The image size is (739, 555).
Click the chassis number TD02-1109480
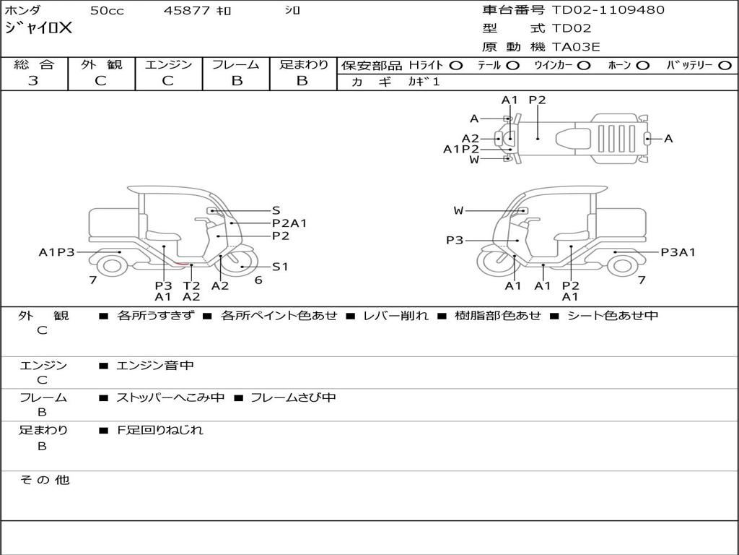coord(608,9)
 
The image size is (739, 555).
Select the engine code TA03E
coord(576,47)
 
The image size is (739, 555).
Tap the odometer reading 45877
coord(186,10)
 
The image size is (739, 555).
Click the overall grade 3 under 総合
coord(33,81)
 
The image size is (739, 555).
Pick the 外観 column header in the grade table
coord(101,64)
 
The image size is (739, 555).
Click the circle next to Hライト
coord(456,66)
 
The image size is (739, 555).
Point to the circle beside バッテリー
coord(725,66)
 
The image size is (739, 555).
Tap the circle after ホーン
coord(643,66)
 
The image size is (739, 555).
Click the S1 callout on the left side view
coord(280,267)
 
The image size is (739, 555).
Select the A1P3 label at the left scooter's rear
coord(56,252)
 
